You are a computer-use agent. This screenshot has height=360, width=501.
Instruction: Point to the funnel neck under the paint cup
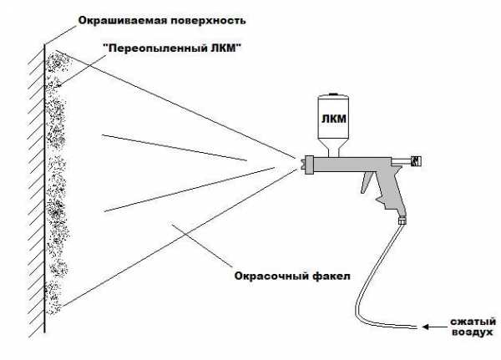pyautogui.click(x=331, y=150)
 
